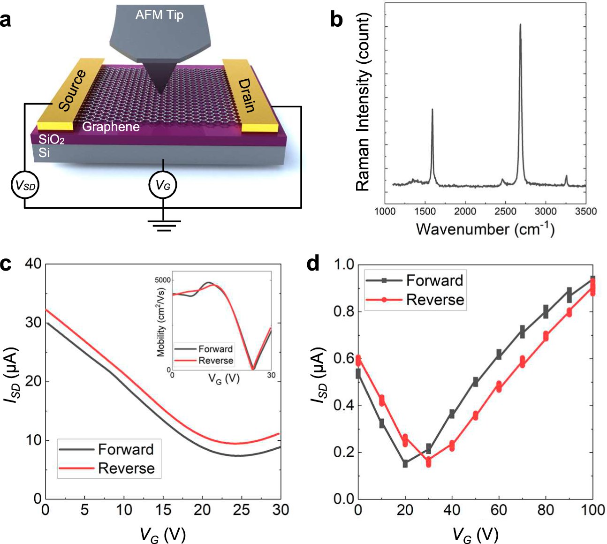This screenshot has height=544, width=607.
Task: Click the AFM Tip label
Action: [159, 15]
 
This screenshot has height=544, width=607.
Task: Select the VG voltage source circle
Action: [163, 186]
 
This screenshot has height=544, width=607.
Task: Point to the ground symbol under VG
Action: [163, 226]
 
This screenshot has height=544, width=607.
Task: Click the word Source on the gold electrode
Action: [73, 90]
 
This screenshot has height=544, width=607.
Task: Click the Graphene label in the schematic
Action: [111, 127]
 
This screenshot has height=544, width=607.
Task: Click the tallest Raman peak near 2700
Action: [520, 25]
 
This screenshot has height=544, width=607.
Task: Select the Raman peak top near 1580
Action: [432, 110]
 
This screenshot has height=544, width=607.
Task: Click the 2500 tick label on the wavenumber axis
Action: [506, 211]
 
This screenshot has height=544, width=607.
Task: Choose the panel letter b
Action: [336, 20]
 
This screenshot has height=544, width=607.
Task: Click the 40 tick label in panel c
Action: [33, 264]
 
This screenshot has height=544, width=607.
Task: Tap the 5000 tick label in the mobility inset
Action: [164, 280]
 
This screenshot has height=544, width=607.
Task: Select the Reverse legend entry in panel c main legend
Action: [126, 468]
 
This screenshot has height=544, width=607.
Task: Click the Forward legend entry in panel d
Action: [434, 280]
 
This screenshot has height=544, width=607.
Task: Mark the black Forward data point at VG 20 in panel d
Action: [405, 464]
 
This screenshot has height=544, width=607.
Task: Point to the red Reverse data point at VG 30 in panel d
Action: [428, 462]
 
